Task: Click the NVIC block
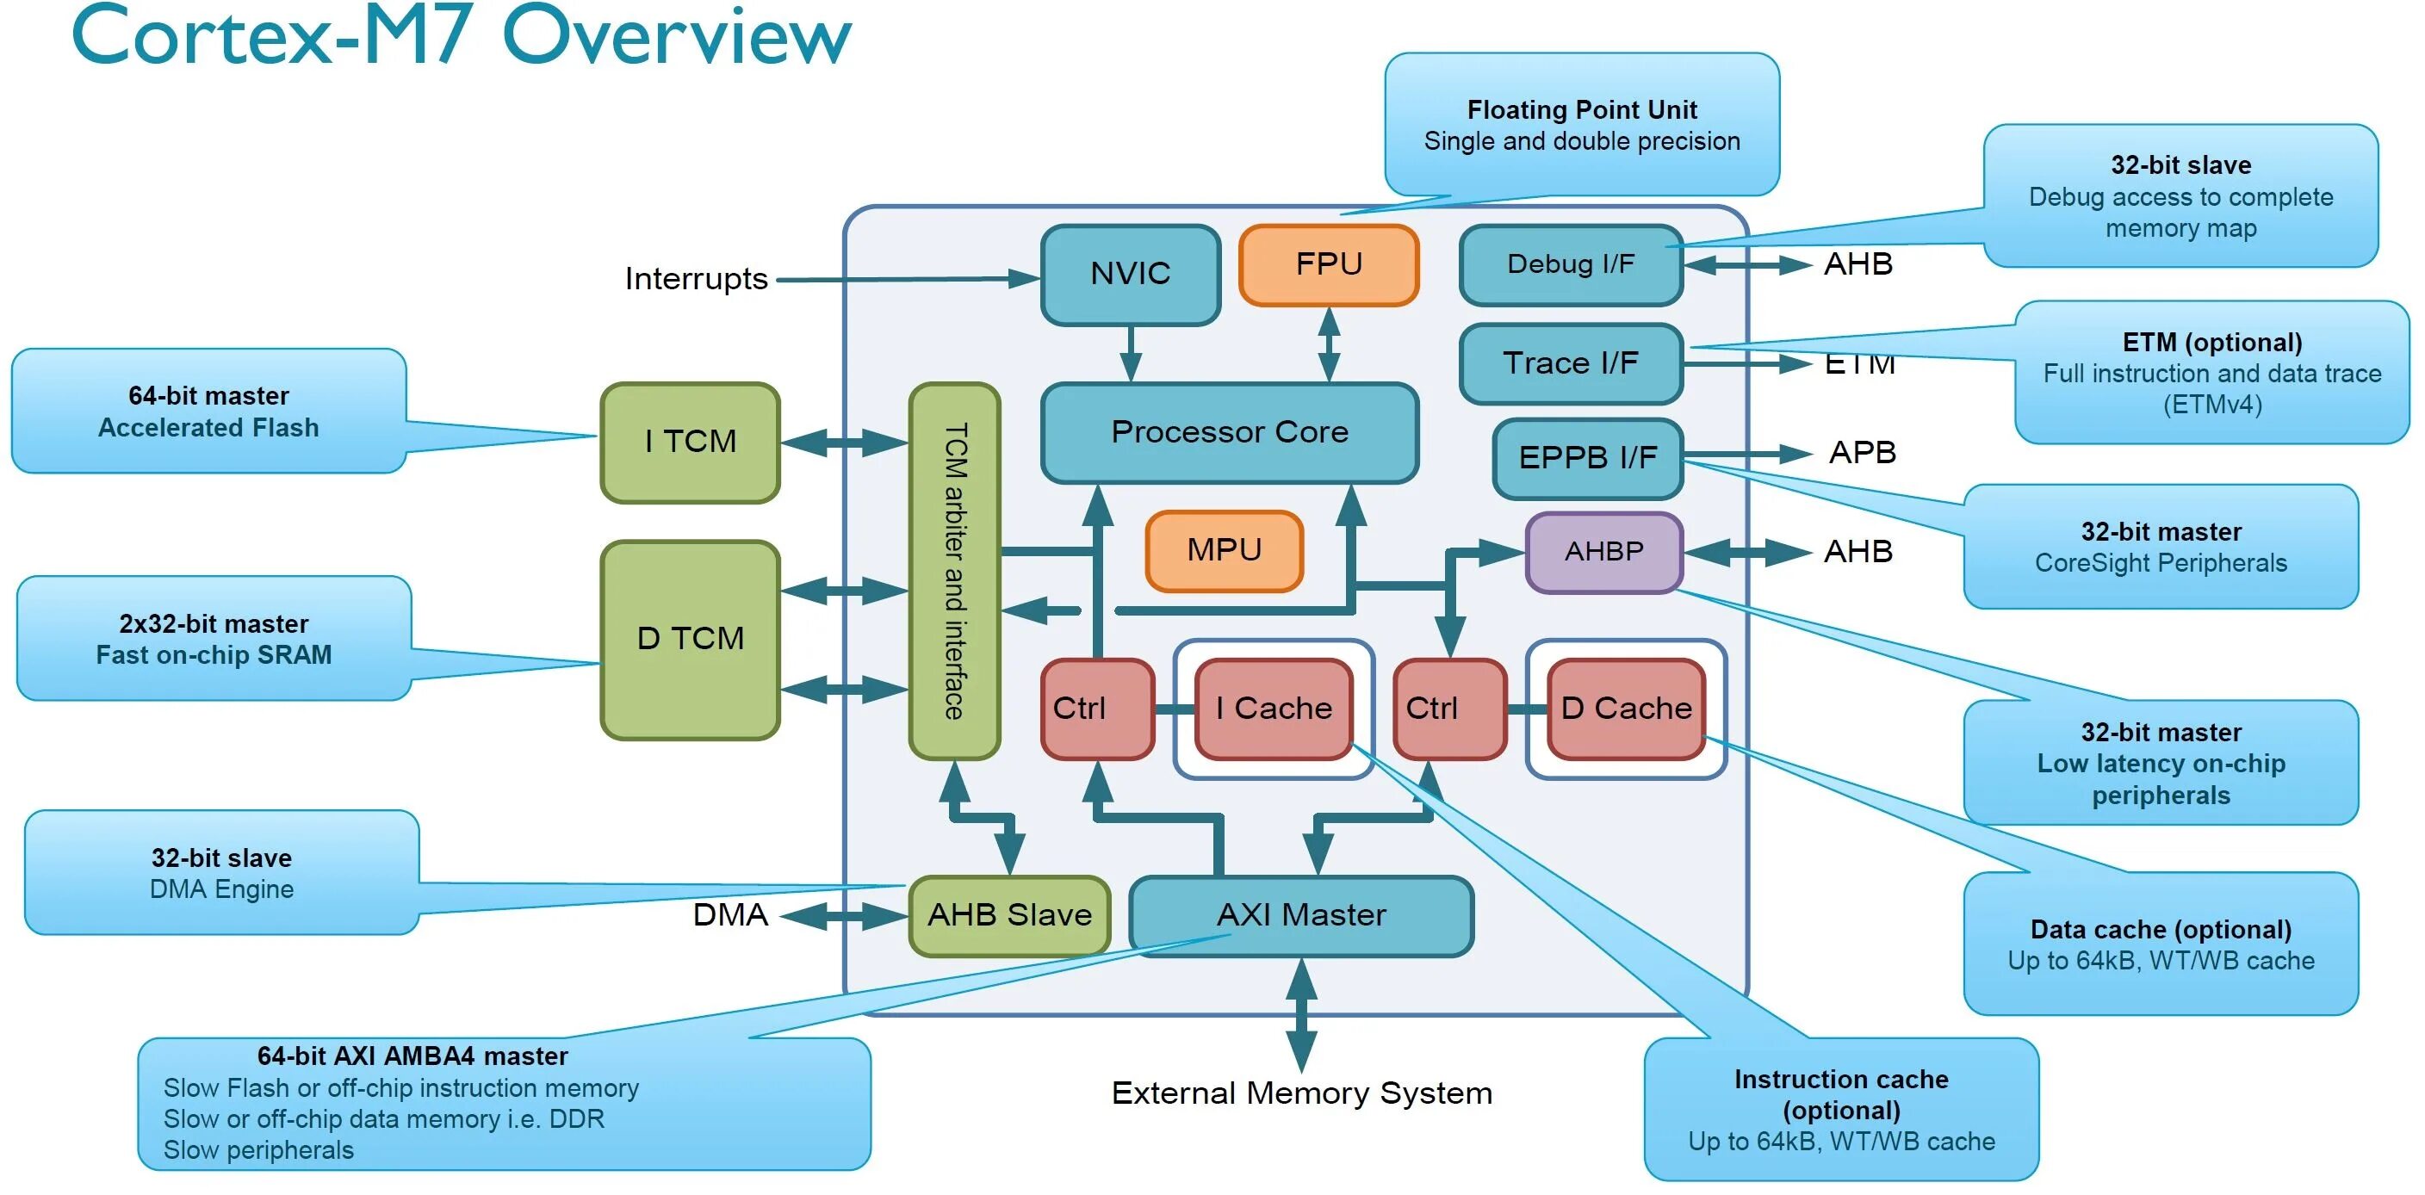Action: coord(1131,274)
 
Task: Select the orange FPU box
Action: coord(1328,264)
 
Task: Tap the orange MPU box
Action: coord(1224,549)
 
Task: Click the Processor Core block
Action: coord(1230,432)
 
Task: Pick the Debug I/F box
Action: coord(1570,264)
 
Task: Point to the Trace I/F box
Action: coord(1570,363)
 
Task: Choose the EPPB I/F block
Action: coord(1587,457)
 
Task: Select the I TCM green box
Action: coord(690,442)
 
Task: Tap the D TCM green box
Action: coord(690,639)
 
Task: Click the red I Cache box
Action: coord(1274,709)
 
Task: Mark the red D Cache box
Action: coord(1626,709)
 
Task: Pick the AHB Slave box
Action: coord(1009,914)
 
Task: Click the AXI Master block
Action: coord(1301,914)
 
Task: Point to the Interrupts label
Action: coord(696,280)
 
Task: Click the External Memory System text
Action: coord(1301,1093)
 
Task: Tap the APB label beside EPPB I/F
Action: coord(1861,453)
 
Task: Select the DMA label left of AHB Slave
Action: coord(729,914)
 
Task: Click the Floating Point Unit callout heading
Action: coord(1582,110)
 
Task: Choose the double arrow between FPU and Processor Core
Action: coord(1328,344)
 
